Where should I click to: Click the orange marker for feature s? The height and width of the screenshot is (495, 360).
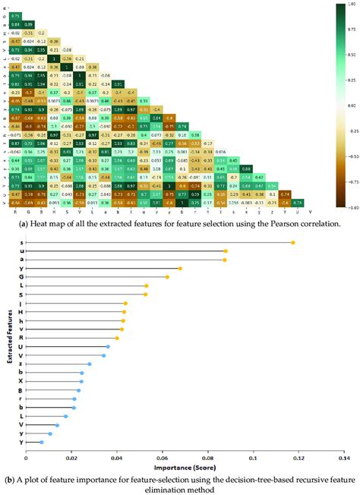pos(293,243)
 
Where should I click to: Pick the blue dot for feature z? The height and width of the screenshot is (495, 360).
pos(89,364)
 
